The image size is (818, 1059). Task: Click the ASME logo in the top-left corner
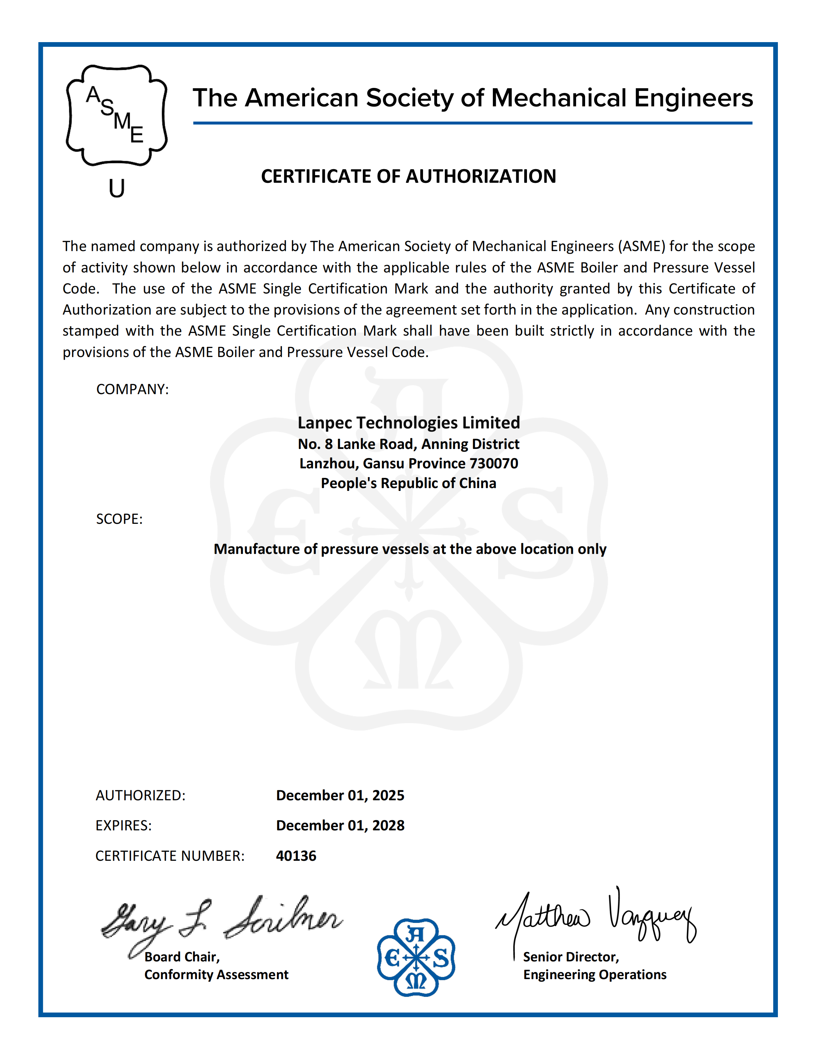pos(116,115)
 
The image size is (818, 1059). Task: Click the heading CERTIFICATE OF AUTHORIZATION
pos(409,176)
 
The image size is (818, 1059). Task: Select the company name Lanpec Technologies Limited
pos(409,423)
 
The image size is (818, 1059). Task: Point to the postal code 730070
pos(494,464)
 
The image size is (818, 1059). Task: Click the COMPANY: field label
pos(132,389)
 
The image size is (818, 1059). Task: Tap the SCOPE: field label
pos(119,519)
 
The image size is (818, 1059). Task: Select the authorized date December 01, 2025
pos(340,795)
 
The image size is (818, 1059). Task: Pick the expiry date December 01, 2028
pos(340,825)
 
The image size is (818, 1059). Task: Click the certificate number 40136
pos(296,856)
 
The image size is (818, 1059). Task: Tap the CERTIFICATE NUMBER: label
pos(170,856)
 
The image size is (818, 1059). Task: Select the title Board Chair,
pos(182,957)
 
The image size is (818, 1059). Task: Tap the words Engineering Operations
pos(594,975)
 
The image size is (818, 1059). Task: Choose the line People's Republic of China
pos(409,483)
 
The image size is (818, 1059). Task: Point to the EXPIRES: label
pos(124,825)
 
